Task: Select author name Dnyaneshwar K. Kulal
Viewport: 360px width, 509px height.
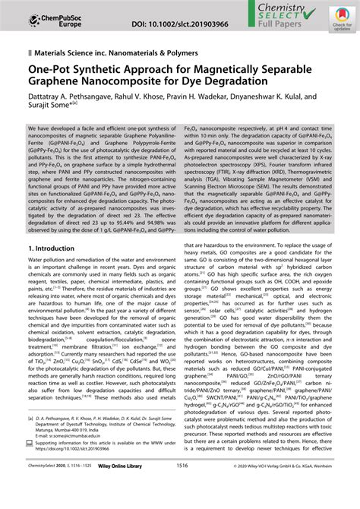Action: (x=300, y=106)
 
